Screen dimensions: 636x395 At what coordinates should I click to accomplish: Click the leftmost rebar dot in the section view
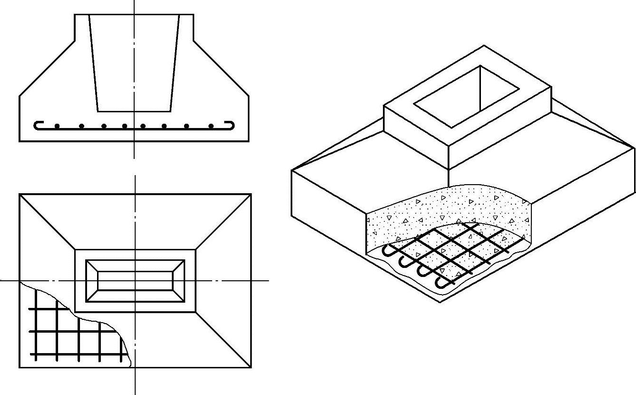pos(57,126)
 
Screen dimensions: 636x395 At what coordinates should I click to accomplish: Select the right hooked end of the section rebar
pos(232,125)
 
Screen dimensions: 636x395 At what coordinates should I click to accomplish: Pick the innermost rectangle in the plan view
pos(135,280)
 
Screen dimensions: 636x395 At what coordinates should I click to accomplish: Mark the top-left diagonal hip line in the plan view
pos(48,222)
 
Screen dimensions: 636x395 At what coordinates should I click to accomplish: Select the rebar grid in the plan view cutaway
pos(67,333)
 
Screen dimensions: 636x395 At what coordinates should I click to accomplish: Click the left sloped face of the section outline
pos(47,69)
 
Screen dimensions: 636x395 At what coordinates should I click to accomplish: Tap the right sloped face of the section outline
pos(221,69)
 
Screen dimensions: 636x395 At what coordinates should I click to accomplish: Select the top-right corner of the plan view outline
pos(251,194)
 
